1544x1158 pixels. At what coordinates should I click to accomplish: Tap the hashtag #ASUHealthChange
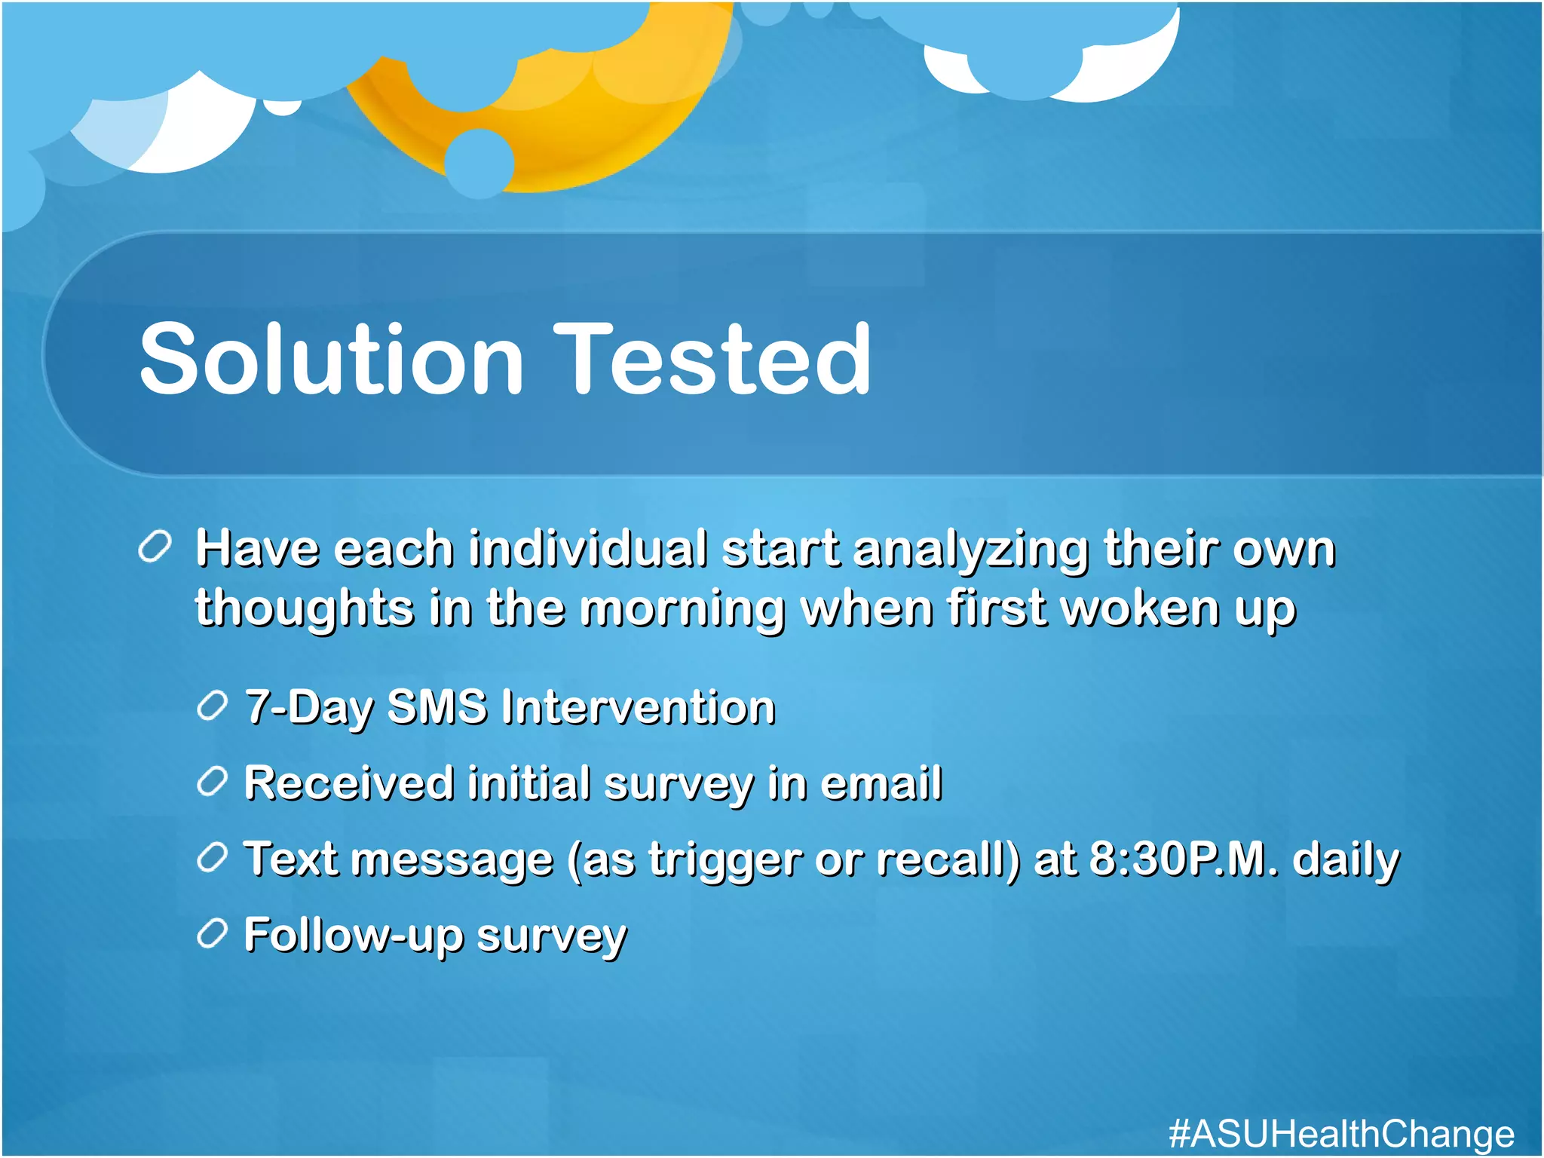(1341, 1133)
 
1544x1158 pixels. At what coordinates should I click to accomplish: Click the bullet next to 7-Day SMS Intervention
(212, 706)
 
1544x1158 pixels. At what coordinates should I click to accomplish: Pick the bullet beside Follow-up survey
(212, 934)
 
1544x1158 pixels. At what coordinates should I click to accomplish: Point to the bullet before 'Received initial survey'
(212, 782)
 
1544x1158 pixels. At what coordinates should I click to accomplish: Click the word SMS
(437, 707)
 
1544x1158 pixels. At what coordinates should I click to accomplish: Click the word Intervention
(638, 707)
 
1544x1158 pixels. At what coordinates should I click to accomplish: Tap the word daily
(1346, 859)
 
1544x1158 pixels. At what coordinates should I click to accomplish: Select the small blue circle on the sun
(479, 163)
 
